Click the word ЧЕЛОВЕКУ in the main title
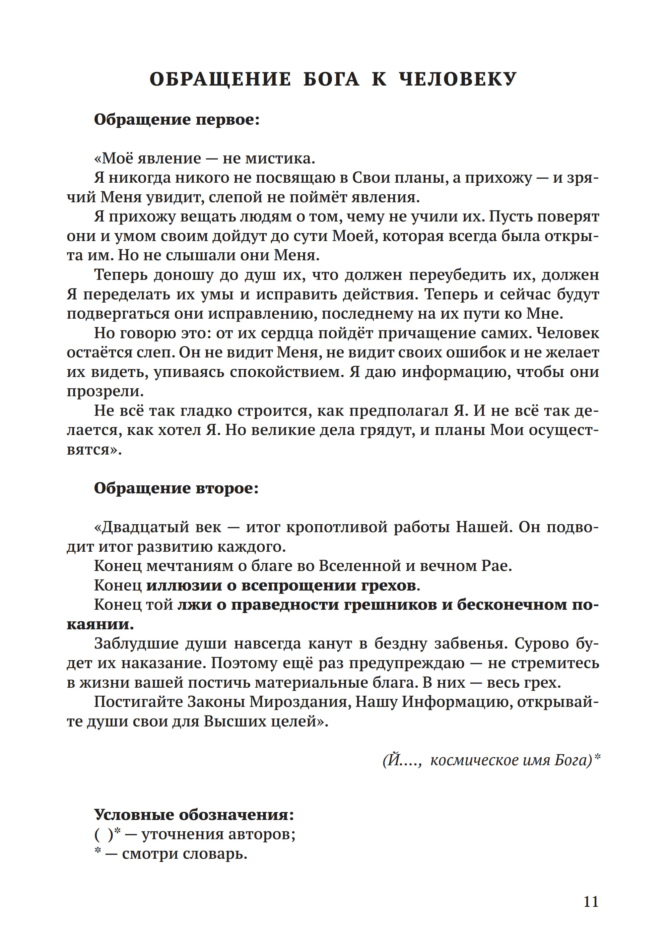[x=458, y=79]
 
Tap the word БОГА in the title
[x=331, y=79]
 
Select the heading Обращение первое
[x=177, y=120]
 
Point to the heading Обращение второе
[x=176, y=488]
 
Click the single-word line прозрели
[x=105, y=392]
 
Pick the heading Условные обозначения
[x=194, y=815]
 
